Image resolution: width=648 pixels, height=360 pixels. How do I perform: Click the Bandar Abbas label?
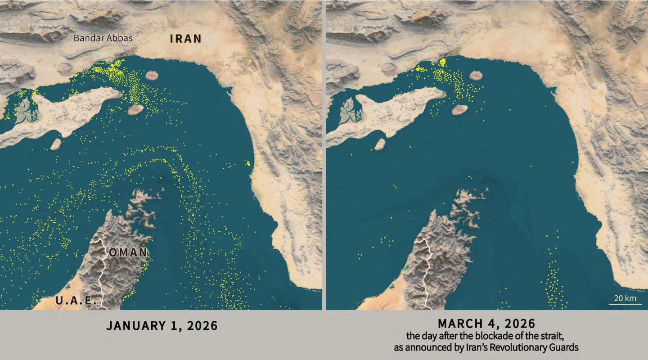click(x=103, y=38)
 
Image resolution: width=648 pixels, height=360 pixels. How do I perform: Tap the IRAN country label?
click(x=185, y=39)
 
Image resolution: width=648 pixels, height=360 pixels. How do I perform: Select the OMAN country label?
click(x=128, y=253)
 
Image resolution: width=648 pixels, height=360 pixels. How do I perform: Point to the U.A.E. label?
click(x=76, y=301)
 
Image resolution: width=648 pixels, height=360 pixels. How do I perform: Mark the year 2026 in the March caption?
click(x=519, y=323)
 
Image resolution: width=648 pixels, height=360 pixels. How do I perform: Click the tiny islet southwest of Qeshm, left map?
click(x=56, y=144)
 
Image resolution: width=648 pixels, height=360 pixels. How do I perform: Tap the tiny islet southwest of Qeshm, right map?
click(x=380, y=144)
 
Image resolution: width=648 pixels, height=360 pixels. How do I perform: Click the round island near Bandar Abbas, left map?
click(x=153, y=76)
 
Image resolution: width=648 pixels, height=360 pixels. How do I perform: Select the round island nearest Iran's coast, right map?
click(x=477, y=76)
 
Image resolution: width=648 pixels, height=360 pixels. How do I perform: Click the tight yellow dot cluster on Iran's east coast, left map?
click(x=247, y=163)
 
